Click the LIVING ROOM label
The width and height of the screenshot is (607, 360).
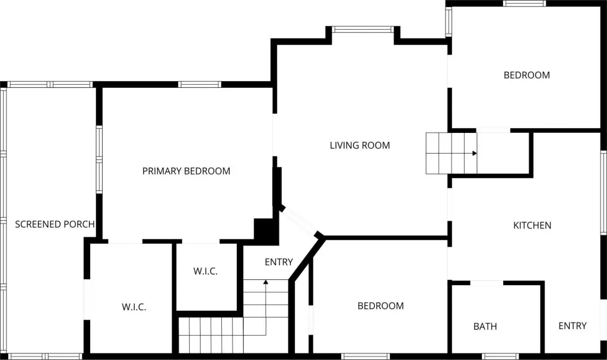tap(360, 145)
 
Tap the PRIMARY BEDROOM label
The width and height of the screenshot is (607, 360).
tap(186, 171)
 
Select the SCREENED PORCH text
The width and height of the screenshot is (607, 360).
tap(55, 224)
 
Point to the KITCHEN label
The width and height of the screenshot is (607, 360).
tap(532, 225)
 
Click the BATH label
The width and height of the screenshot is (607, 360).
tap(485, 327)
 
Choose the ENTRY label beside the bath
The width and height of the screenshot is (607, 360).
tap(573, 326)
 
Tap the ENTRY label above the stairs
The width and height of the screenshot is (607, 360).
tap(279, 262)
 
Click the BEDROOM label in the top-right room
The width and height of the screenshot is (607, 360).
tap(526, 75)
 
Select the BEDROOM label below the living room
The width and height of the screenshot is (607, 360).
tap(380, 306)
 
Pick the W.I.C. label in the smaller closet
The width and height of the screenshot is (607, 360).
tap(205, 272)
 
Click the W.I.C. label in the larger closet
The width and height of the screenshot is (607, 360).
tap(134, 307)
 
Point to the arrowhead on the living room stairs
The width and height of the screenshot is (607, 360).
tap(475, 153)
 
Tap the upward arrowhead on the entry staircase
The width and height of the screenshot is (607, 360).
tap(266, 282)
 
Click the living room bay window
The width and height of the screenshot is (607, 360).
tap(363, 30)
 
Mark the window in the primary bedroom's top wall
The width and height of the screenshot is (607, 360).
tap(200, 84)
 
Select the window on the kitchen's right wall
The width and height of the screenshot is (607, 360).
tap(603, 192)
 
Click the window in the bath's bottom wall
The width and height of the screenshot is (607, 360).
tap(501, 356)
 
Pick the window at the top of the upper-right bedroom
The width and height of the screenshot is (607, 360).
tap(525, 4)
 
